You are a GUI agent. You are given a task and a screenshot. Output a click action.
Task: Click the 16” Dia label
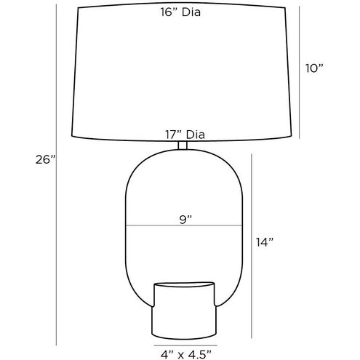coord(180,12)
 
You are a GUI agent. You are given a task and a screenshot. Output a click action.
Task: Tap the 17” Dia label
coord(185,135)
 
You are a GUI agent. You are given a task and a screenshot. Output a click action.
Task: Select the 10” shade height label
coord(314,68)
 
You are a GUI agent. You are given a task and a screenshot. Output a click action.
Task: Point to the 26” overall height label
coord(46,159)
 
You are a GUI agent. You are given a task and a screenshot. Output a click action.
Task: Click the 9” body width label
coord(185,220)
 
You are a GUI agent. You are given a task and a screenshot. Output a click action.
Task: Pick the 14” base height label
coord(265,242)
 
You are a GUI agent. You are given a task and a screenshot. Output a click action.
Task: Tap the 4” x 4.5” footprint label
coord(185,355)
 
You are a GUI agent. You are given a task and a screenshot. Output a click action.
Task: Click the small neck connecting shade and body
coord(183,145)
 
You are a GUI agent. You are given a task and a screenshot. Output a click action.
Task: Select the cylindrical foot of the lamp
coord(184,311)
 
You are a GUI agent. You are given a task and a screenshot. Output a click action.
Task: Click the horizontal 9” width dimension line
coord(184,225)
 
